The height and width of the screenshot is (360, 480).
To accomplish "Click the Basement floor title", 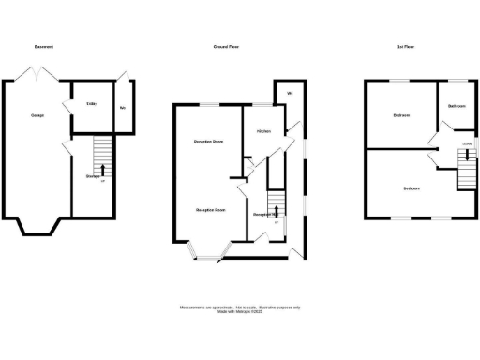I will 44,46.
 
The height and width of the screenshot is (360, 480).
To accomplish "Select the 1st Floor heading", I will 407,46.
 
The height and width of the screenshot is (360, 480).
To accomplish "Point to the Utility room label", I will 92,103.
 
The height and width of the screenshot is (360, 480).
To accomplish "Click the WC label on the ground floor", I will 291,95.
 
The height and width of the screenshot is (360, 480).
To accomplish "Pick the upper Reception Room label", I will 208,142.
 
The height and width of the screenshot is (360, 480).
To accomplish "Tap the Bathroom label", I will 457,106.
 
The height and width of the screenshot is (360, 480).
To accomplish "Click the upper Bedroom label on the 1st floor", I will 401,115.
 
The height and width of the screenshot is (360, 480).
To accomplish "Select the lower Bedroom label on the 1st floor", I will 412,187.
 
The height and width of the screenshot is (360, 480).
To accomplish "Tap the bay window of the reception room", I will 209,249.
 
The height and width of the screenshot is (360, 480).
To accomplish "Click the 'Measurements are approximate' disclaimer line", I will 238,306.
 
